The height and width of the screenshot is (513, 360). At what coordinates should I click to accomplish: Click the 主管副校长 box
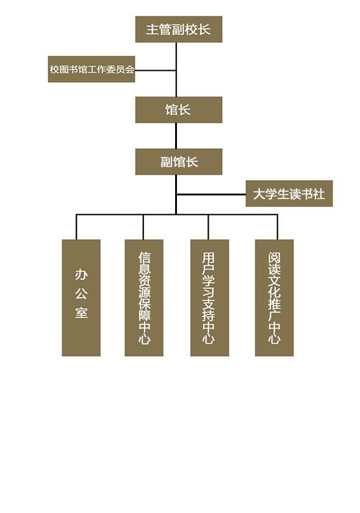[x=179, y=29]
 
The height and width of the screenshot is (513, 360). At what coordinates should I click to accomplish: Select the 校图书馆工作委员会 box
[x=92, y=69]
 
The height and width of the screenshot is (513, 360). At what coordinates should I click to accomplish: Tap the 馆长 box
[x=179, y=109]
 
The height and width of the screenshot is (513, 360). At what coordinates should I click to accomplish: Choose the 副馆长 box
[x=179, y=162]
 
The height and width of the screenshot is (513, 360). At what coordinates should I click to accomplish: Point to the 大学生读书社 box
[x=289, y=194]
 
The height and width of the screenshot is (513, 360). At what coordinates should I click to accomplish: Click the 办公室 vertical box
[x=81, y=298]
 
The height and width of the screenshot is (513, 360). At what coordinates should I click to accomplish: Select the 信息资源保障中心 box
[x=144, y=298]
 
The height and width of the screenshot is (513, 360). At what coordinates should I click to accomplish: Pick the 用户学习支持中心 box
[x=209, y=298]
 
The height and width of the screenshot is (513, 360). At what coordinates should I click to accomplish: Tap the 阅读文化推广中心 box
[x=275, y=298]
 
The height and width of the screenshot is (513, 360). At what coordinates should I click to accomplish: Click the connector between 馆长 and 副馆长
[x=176, y=136]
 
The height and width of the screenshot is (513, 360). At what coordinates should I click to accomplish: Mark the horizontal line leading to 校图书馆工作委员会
[x=156, y=70]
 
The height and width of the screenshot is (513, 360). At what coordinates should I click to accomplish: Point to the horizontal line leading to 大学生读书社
[x=211, y=194]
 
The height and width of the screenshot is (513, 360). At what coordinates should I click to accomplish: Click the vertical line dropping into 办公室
[x=76, y=227]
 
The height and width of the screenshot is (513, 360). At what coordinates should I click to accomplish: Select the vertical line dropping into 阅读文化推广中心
[x=278, y=227]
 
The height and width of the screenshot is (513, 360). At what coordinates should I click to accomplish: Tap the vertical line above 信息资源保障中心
[x=143, y=227]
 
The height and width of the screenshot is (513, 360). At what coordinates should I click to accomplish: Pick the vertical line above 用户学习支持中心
[x=208, y=227]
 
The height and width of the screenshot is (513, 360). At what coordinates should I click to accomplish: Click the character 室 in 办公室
[x=81, y=313]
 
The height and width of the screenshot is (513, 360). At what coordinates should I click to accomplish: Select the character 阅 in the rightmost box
[x=275, y=258]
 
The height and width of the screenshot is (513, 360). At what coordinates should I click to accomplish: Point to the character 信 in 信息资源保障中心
[x=144, y=258]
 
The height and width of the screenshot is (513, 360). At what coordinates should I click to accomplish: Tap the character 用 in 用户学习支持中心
[x=208, y=258]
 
